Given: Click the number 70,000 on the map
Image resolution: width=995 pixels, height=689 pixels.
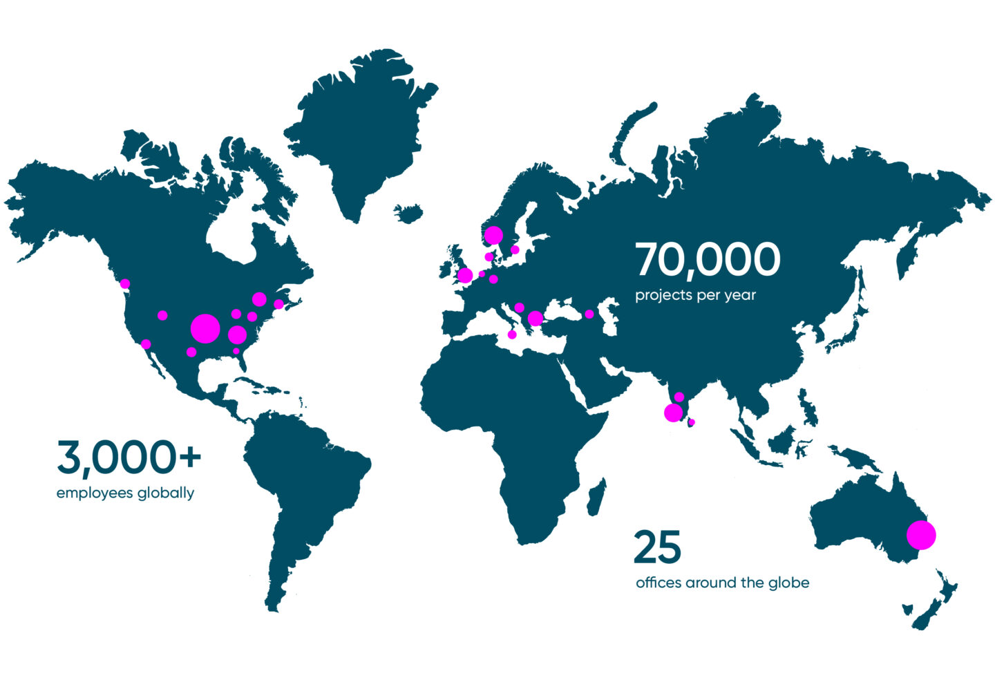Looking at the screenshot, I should point(708,260).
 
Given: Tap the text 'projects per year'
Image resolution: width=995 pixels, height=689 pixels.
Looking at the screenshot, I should point(695,295).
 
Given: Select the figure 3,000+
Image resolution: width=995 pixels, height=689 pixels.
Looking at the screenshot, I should point(129,457).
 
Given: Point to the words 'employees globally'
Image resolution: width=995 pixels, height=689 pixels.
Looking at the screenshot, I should point(125,493).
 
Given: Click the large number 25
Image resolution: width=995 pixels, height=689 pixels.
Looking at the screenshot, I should point(657,547).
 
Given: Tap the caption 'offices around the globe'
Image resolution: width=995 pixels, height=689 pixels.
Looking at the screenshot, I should point(722,583).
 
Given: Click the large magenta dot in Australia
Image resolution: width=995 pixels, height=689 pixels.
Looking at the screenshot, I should point(921,535).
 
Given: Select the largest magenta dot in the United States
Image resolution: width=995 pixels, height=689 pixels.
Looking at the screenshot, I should point(205,328).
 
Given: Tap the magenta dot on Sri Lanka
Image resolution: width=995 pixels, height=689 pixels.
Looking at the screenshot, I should point(692,422).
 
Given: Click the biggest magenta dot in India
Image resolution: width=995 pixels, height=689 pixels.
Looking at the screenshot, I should point(673,413).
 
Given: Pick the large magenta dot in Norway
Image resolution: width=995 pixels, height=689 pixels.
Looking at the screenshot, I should point(493,236).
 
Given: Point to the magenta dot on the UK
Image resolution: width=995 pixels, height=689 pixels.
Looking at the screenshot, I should point(465,276).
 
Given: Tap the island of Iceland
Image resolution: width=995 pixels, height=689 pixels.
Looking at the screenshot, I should point(410,211).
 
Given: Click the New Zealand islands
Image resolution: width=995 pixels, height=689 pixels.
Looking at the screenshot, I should point(933,601).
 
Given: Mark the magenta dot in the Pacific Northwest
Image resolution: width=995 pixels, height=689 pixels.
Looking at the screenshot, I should point(125,283).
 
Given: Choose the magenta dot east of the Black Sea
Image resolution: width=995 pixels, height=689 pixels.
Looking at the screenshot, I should point(589,314).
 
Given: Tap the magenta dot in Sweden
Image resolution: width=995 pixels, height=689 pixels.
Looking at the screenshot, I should point(515,249).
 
